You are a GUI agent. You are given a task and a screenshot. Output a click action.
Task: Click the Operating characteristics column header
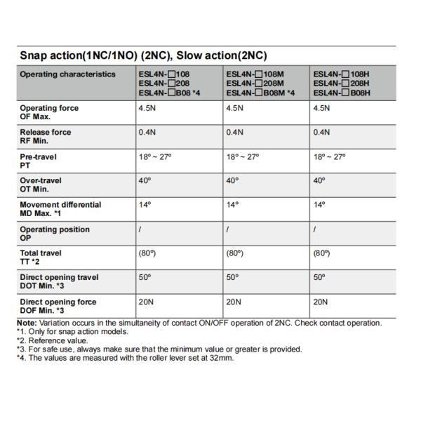pyautogui.click(x=67, y=74)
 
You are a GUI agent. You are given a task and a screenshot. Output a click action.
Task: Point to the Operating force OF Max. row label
pyautogui.click(x=49, y=112)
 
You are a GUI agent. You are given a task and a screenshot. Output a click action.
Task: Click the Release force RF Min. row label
pyautogui.click(x=46, y=136)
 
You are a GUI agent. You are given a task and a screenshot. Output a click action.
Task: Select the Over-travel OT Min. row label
pyautogui.click(x=41, y=185)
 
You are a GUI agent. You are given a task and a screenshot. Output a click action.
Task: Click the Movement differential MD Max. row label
pyautogui.click(x=60, y=208)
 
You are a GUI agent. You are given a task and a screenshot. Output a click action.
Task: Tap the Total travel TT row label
pyautogui.click(x=41, y=257)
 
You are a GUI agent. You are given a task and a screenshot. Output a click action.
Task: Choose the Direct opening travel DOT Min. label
pyautogui.click(x=59, y=281)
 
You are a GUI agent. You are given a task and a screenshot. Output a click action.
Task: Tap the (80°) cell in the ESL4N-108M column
pyautogui.click(x=235, y=253)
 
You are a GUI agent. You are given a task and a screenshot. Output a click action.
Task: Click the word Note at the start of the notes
pyautogui.click(x=27, y=323)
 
